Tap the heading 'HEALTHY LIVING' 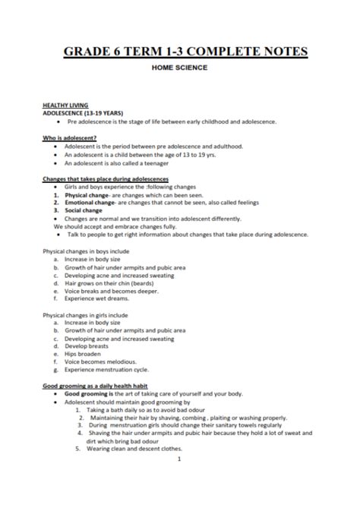click(x=65, y=105)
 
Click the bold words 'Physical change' click(x=82, y=194)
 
